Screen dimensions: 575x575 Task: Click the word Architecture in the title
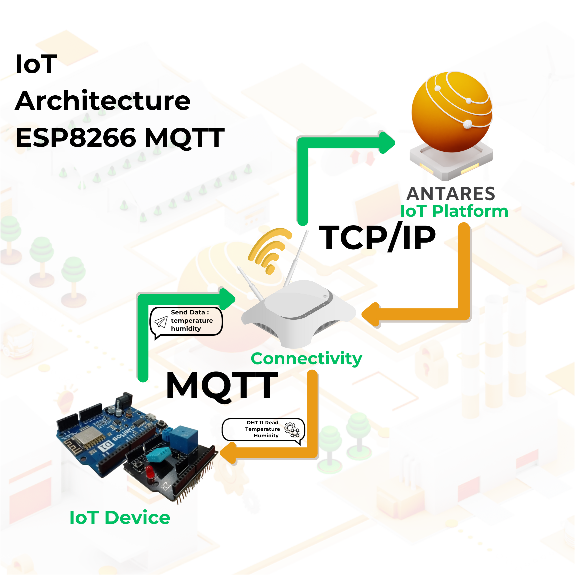tap(103, 101)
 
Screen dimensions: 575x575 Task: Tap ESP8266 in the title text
tap(76, 137)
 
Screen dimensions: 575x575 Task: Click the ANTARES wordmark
tap(451, 194)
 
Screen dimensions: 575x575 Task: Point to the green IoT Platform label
tap(454, 211)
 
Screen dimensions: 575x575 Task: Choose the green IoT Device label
tap(120, 517)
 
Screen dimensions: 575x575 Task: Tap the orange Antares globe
tap(452, 112)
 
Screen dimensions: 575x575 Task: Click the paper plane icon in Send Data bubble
tap(160, 322)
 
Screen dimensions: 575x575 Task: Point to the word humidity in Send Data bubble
tap(186, 329)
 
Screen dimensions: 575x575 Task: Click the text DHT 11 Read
tap(262, 423)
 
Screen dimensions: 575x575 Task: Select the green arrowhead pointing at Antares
tap(386, 143)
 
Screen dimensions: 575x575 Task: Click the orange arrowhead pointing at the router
tap(370, 315)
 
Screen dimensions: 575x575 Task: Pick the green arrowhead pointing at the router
tap(227, 299)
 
